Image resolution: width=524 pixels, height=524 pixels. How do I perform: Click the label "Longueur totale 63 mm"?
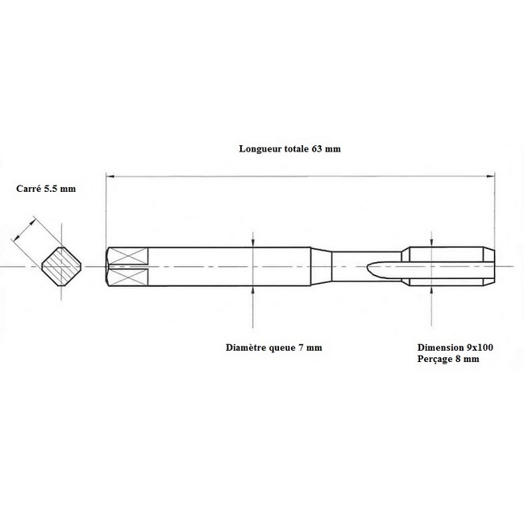289,148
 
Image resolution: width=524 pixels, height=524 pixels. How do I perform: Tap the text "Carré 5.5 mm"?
46,189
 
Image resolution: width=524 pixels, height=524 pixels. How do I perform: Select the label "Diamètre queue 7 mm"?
274,347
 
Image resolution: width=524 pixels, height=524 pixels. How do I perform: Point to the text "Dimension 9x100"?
455,347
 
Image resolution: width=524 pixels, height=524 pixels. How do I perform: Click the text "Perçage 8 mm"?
448,360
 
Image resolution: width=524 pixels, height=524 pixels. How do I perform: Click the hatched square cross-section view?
61,267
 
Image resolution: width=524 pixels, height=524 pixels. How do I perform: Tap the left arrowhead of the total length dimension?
110,176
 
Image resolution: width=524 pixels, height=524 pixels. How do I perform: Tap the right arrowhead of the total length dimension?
491,176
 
